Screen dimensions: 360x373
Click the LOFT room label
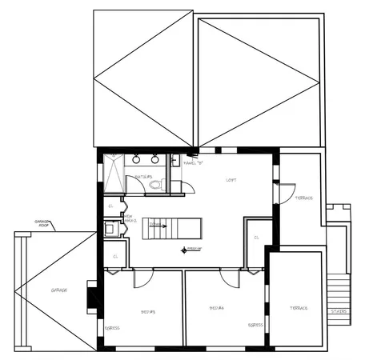pyautogui.click(x=231, y=180)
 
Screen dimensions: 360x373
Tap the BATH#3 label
pyautogui.click(x=143, y=177)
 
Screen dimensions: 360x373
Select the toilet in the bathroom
pyautogui.click(x=156, y=185)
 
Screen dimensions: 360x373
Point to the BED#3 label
pyautogui.click(x=148, y=311)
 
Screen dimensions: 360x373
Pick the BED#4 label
pyautogui.click(x=216, y=307)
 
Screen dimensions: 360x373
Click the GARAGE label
pyautogui.click(x=59, y=290)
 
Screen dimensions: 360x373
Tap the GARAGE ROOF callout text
pyautogui.click(x=42, y=223)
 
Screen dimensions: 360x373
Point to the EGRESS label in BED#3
pyautogui.click(x=113, y=328)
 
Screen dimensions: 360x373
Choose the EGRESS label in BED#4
pyautogui.click(x=255, y=325)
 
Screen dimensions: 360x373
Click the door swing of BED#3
pyautogui.click(x=142, y=278)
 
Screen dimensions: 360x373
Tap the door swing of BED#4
pyautogui.click(x=230, y=278)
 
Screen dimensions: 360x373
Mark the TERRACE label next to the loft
pyautogui.click(x=304, y=198)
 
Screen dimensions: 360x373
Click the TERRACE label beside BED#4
pyautogui.click(x=299, y=308)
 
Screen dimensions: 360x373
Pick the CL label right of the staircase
pyautogui.click(x=256, y=237)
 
